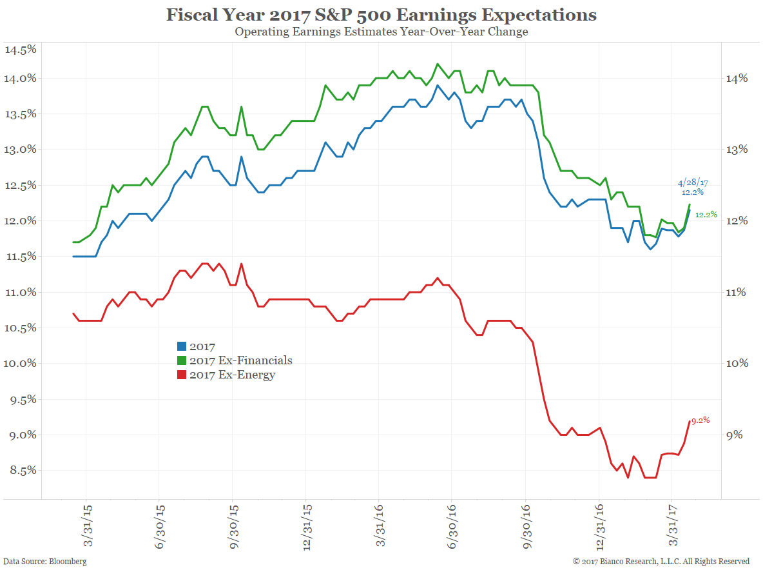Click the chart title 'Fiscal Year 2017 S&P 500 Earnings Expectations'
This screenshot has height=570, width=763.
point(381,15)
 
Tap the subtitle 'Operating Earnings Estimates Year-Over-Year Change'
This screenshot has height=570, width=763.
point(381,32)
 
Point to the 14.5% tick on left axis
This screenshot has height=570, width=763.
point(20,50)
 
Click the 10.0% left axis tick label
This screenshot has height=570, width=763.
point(20,364)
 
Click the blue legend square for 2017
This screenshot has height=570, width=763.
point(182,347)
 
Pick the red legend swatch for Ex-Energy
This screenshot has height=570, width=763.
point(182,375)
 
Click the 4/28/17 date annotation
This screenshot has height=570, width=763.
point(693,183)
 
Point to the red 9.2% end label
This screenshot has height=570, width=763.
point(700,420)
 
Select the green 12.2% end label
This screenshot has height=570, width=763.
point(706,215)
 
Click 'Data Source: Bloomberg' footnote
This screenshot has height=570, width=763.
point(45,562)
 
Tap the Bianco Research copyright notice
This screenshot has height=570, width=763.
point(662,562)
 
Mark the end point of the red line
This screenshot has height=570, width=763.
point(689,421)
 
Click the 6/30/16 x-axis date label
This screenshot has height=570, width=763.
point(452,525)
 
